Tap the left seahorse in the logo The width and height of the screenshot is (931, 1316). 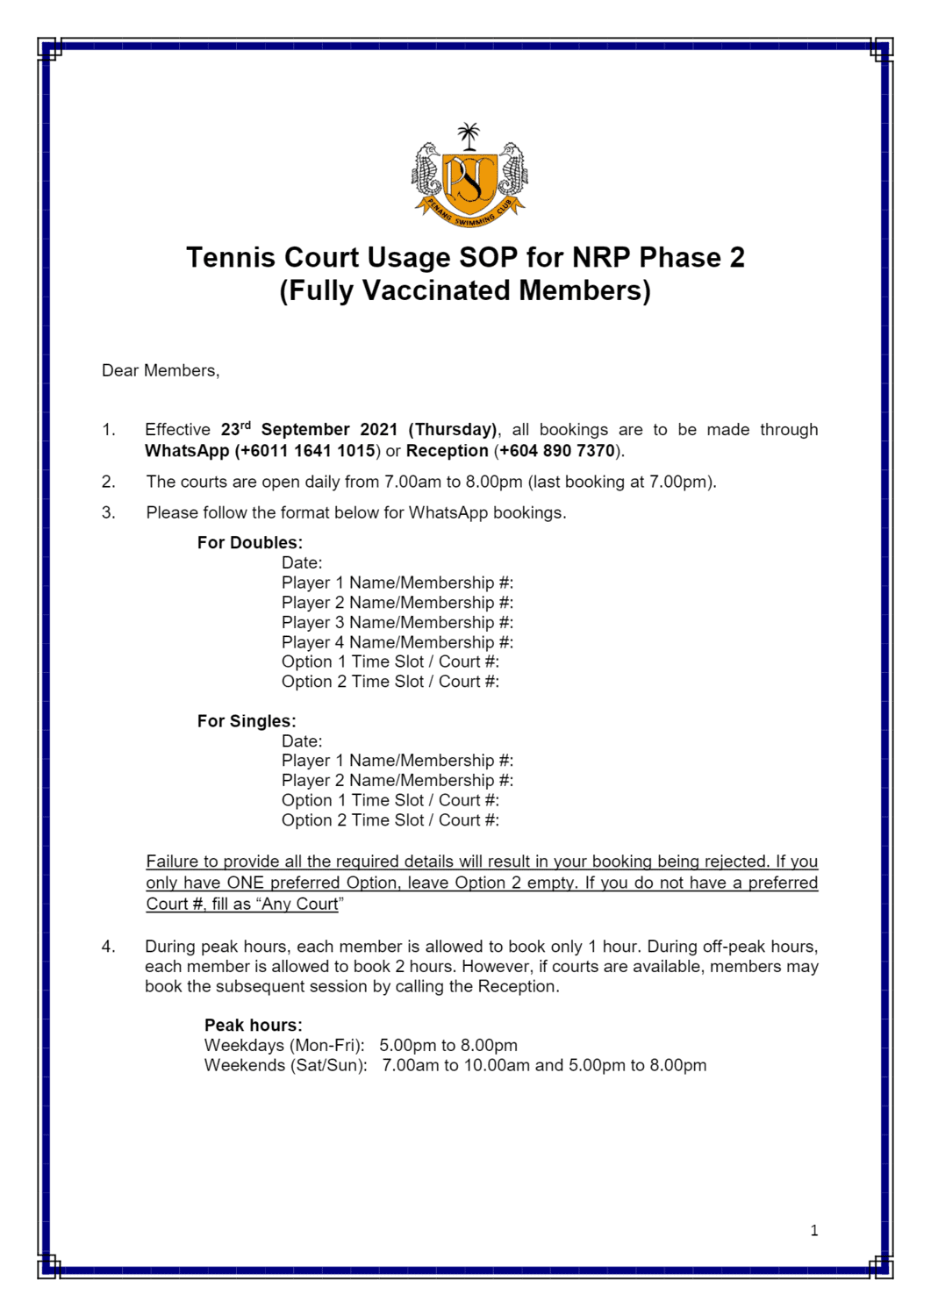click(x=427, y=171)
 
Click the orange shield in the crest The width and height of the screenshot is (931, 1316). click(x=469, y=182)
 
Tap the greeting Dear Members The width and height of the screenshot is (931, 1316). click(x=161, y=371)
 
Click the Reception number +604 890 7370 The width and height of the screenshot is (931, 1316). click(x=557, y=451)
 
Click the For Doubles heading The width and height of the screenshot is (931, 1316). click(x=250, y=543)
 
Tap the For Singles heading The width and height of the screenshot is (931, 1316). click(x=247, y=721)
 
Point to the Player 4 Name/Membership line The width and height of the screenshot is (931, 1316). click(x=397, y=642)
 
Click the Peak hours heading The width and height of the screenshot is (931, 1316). click(x=254, y=1026)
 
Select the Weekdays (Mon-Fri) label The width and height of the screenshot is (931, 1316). click(x=284, y=1046)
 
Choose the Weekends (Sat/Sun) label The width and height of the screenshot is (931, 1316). click(x=286, y=1066)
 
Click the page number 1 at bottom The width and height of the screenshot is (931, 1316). click(x=814, y=1231)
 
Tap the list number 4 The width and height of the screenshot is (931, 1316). click(x=108, y=947)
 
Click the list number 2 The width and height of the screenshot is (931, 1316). click(x=108, y=482)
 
